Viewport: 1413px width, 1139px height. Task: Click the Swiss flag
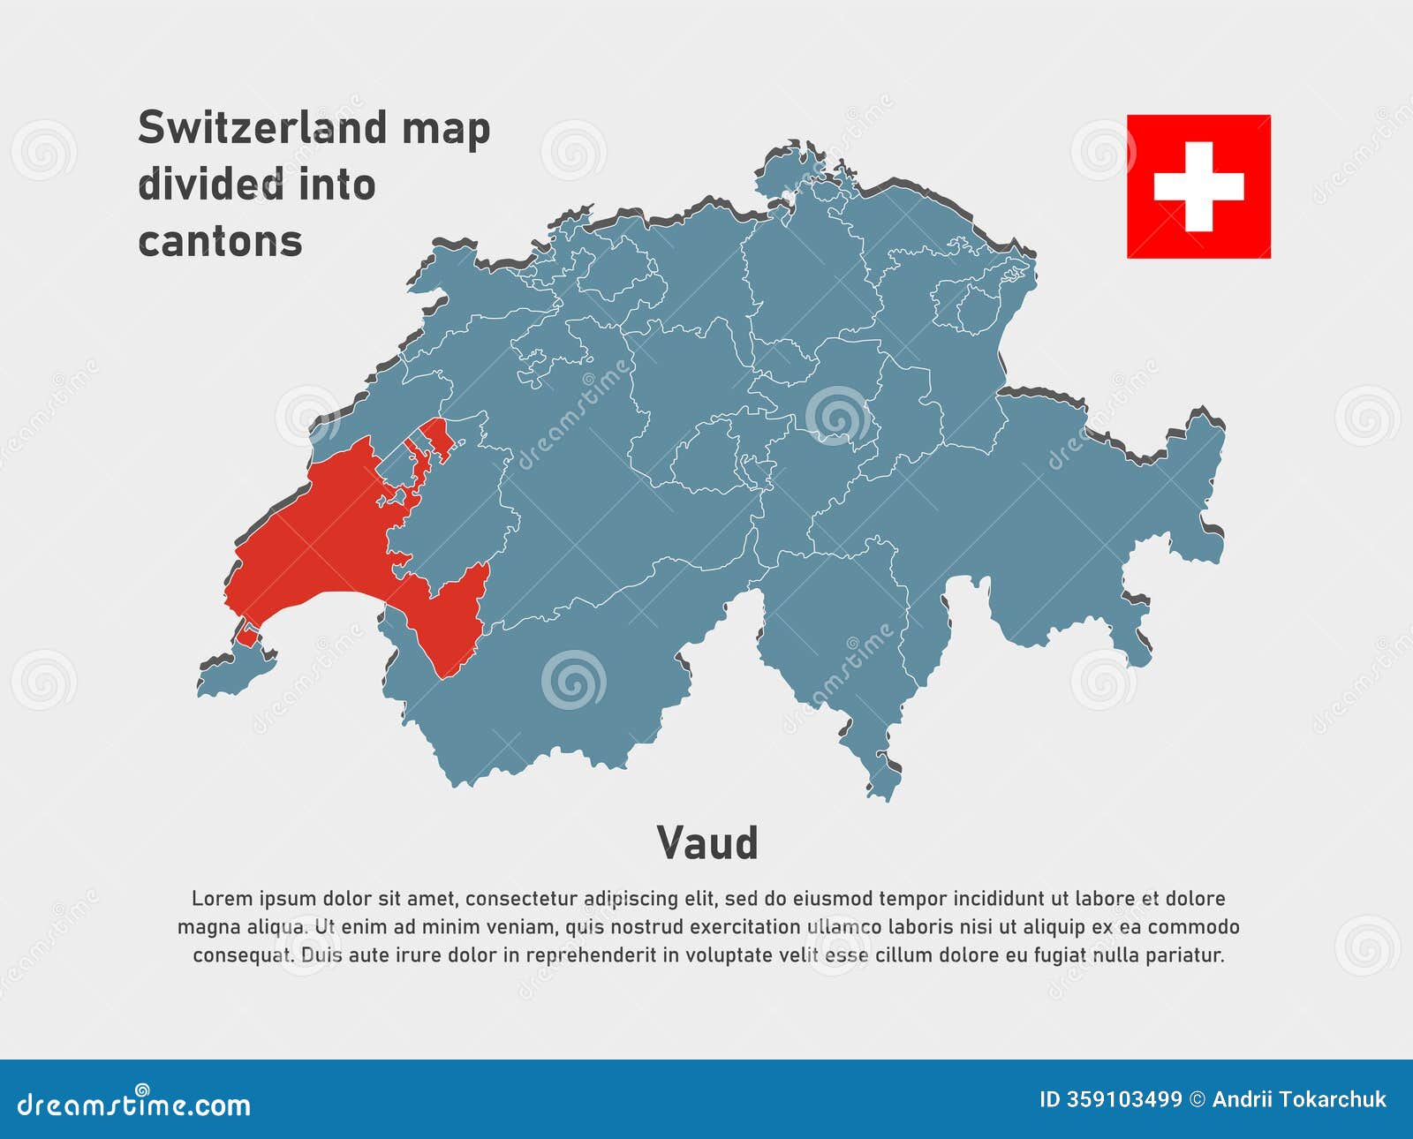point(1198,186)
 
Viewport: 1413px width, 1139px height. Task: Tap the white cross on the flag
point(1198,187)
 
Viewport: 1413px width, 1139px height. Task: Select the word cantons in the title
point(220,241)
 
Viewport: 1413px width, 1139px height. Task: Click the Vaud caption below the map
point(707,843)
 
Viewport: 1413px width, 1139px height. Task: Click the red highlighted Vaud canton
point(318,539)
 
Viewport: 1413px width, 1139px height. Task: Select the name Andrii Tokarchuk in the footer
point(1299,1099)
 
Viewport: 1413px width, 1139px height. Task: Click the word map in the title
point(446,128)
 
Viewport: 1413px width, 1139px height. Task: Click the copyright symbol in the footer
point(1198,1099)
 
